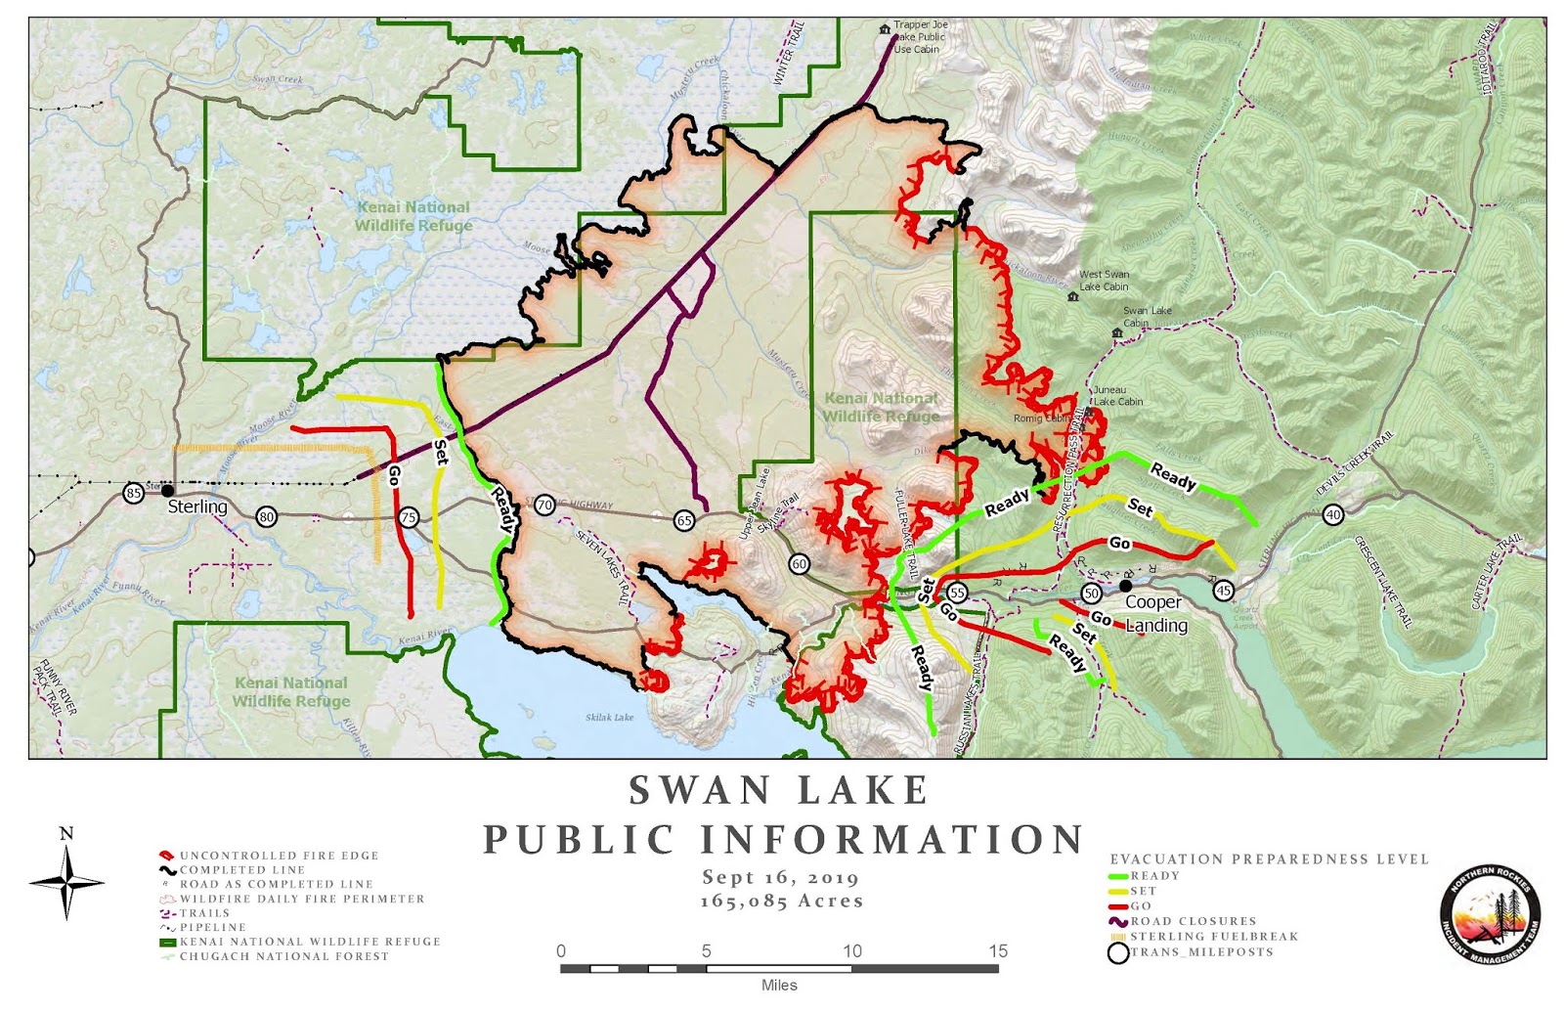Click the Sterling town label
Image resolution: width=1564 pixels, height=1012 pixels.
tap(196, 506)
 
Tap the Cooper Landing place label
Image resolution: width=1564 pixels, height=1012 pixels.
tap(1155, 614)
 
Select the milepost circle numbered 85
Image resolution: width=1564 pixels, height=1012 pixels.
tap(134, 493)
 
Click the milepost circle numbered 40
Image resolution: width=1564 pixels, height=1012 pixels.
tap(1332, 514)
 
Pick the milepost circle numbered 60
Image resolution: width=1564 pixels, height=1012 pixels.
tap(800, 564)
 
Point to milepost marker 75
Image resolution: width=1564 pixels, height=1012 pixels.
tap(409, 518)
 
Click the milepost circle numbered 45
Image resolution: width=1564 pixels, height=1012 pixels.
tap(1223, 591)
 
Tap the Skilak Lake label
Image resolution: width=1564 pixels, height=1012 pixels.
tap(609, 717)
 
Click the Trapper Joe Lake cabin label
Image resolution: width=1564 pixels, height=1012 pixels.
tap(919, 37)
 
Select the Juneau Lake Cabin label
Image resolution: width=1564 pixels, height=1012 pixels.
tap(1117, 396)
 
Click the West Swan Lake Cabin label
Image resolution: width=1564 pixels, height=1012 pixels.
tap(1104, 281)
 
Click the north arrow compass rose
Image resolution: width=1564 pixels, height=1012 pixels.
tap(66, 879)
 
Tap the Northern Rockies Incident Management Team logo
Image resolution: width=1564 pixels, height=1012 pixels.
tap(1490, 914)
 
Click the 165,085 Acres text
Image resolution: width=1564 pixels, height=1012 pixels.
tap(781, 902)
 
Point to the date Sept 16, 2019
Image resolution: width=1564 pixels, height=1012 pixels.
tap(780, 877)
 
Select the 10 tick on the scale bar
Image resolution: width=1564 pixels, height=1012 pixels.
tap(851, 951)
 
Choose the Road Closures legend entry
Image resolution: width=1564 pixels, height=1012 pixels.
tap(1193, 921)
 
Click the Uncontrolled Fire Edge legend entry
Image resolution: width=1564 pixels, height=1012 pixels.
tap(278, 856)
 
